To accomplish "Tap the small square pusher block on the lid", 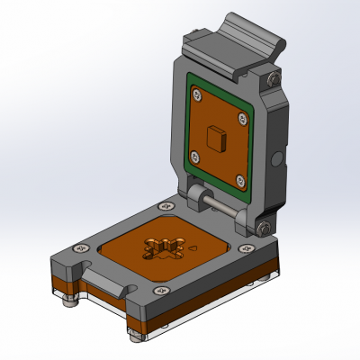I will tap(214, 137).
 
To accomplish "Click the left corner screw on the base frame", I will tap(82, 247).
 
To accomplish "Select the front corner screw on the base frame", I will tap(161, 291).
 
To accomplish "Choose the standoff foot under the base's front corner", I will tap(136, 337).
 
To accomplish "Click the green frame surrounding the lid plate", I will tap(192, 126).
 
